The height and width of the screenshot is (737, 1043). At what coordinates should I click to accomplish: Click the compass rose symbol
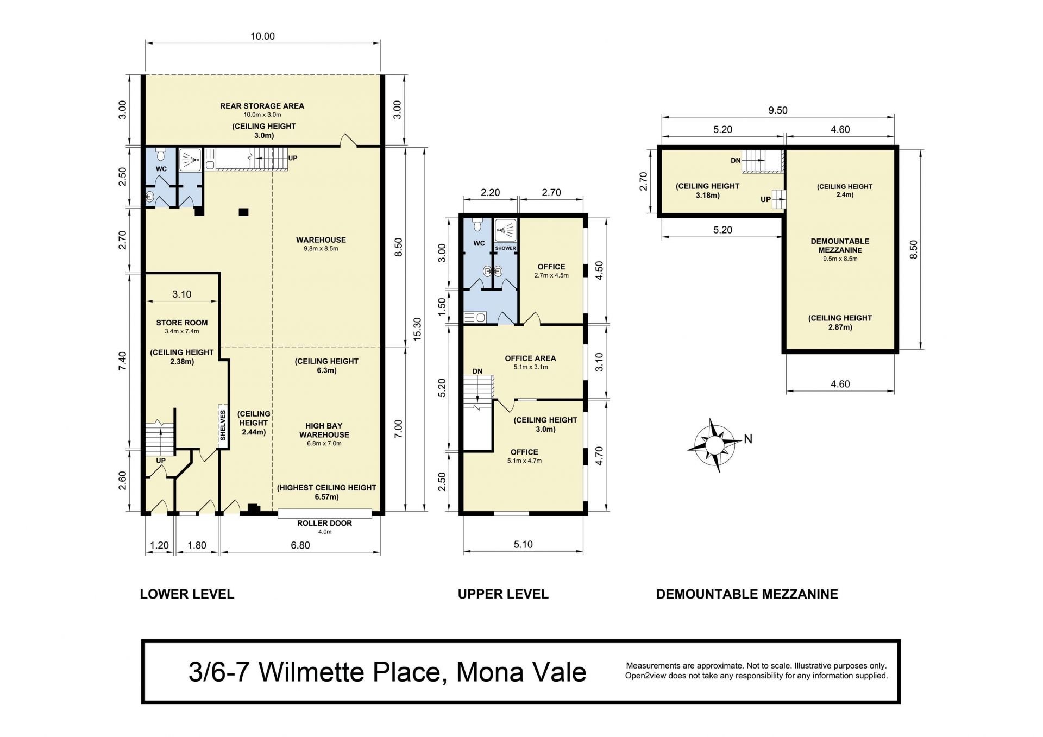click(714, 445)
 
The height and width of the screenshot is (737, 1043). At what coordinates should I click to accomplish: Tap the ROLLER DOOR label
click(324, 523)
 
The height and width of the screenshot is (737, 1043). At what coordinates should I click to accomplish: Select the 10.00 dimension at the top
click(262, 36)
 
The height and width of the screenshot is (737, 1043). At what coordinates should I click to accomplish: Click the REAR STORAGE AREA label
click(262, 106)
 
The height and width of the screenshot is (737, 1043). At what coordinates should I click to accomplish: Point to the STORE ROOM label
click(182, 323)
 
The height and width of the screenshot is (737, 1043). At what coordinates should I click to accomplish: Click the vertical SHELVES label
click(223, 425)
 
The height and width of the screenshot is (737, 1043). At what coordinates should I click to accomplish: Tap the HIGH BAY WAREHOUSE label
click(324, 430)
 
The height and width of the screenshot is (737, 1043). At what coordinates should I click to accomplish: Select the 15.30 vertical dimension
click(417, 329)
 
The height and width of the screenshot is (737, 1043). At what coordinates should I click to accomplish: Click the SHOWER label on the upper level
click(505, 248)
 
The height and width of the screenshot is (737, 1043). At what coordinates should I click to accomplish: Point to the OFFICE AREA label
click(530, 358)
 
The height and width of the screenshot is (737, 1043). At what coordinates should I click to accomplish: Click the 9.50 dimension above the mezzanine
click(777, 110)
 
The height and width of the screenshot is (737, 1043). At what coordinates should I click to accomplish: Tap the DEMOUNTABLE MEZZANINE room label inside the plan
click(840, 245)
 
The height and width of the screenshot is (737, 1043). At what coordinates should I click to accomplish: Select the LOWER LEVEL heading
click(187, 594)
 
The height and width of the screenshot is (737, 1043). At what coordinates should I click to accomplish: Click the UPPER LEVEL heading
click(503, 594)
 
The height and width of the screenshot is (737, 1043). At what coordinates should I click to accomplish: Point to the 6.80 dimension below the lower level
click(300, 545)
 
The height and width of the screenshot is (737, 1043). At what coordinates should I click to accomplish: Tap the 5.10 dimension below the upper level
click(523, 545)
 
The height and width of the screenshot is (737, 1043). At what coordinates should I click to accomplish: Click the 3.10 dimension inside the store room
click(182, 294)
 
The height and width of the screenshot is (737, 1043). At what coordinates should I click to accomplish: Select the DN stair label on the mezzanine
click(736, 161)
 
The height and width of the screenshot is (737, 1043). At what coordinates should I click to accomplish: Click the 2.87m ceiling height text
click(840, 327)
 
